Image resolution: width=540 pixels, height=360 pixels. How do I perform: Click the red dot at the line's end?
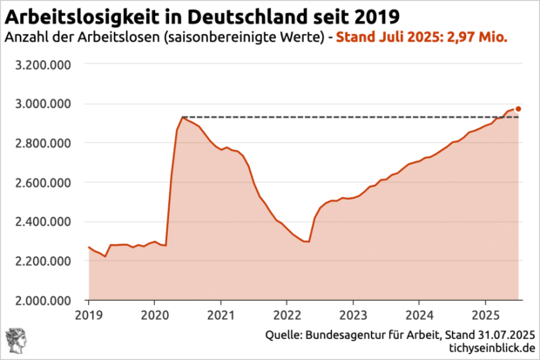click(x=519, y=109)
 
